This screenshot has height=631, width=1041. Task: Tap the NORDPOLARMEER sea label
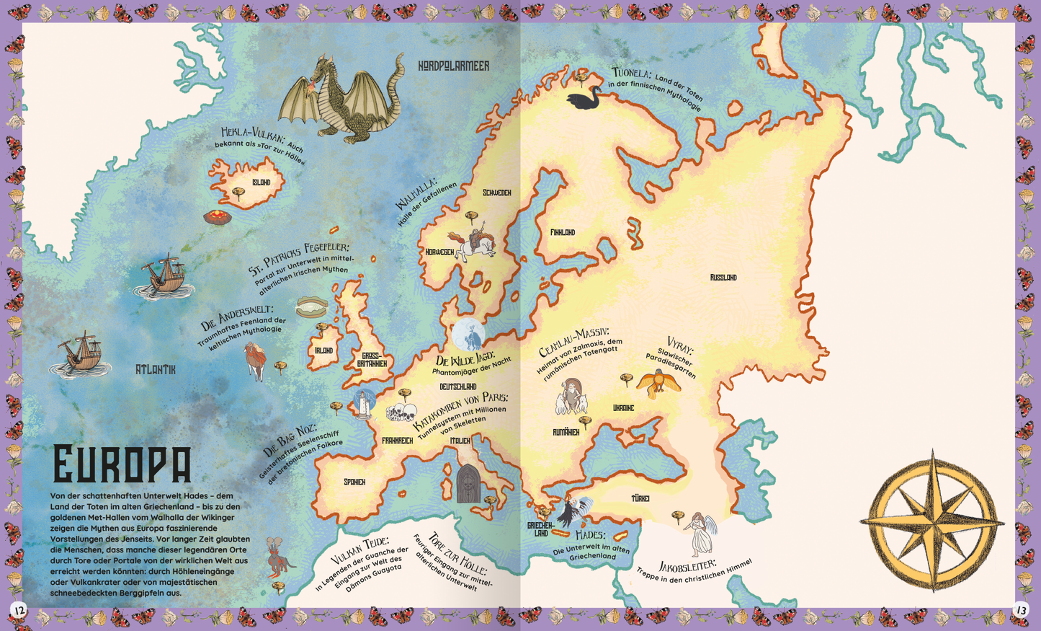coord(453,66)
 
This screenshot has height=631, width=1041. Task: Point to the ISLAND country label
coord(261,182)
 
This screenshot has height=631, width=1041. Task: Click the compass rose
coord(932,520)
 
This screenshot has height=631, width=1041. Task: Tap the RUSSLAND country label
coord(723,277)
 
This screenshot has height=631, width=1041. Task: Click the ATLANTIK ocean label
coord(156,369)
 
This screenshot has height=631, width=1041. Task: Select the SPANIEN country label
coord(354,482)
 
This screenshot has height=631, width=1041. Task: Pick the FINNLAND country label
coord(563,232)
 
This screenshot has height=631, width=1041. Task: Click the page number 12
coord(17,610)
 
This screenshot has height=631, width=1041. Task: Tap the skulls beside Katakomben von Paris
coord(401,413)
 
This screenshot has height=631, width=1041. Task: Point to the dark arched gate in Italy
coord(468,484)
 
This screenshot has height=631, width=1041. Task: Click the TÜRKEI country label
coord(640,498)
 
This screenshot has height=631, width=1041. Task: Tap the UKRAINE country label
coord(623,408)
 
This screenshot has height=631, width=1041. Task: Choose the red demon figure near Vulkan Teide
coord(276,557)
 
